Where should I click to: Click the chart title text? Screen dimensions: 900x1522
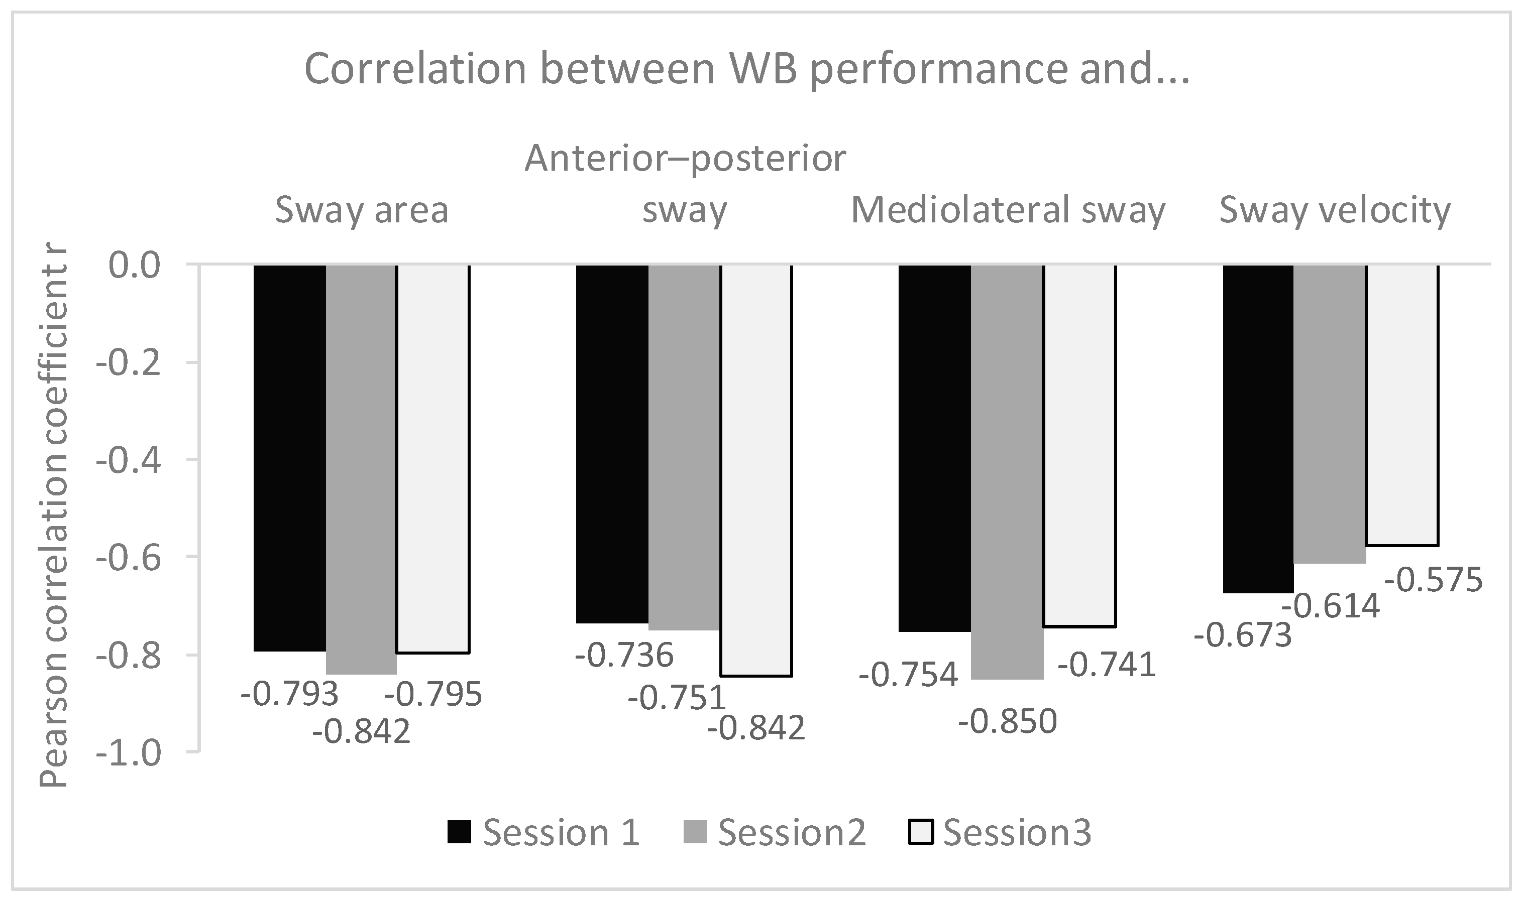[x=746, y=70]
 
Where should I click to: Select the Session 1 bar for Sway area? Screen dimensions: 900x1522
[x=289, y=458]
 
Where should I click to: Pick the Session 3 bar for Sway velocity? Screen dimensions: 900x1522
[x=1402, y=405]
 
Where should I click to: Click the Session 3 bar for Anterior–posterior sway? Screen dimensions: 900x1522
[x=756, y=470]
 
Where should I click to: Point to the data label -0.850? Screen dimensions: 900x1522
[x=1008, y=722]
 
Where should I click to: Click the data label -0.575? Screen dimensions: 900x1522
[x=1434, y=580]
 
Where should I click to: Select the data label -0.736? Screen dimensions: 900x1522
[x=624, y=656]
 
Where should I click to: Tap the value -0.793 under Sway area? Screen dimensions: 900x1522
[x=289, y=694]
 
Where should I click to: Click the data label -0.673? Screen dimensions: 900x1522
[x=1243, y=636]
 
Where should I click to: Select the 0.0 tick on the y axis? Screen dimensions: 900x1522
[x=134, y=266]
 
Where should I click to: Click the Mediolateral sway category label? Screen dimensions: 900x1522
[x=1008, y=210]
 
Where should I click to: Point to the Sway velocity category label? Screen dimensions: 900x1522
[x=1335, y=210]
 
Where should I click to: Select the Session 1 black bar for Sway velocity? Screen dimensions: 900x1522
[x=1257, y=428]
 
